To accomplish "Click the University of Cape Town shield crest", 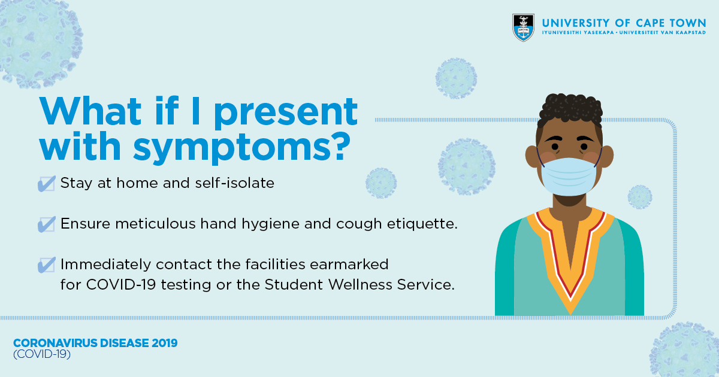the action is (523, 28).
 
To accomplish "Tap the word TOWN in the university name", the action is (688, 23).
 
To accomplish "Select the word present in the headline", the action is (285, 113).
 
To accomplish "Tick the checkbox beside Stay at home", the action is (47, 184).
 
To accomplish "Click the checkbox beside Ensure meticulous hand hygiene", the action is (47, 224).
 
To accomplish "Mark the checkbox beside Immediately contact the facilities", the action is (47, 264).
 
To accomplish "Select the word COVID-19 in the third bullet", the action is (121, 284).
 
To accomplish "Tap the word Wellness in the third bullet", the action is (360, 284).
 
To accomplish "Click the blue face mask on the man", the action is (569, 177).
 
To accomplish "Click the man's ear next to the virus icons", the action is (531, 156).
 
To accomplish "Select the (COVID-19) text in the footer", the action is (42, 354).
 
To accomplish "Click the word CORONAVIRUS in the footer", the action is (55, 343).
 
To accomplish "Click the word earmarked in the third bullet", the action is (349, 264).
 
